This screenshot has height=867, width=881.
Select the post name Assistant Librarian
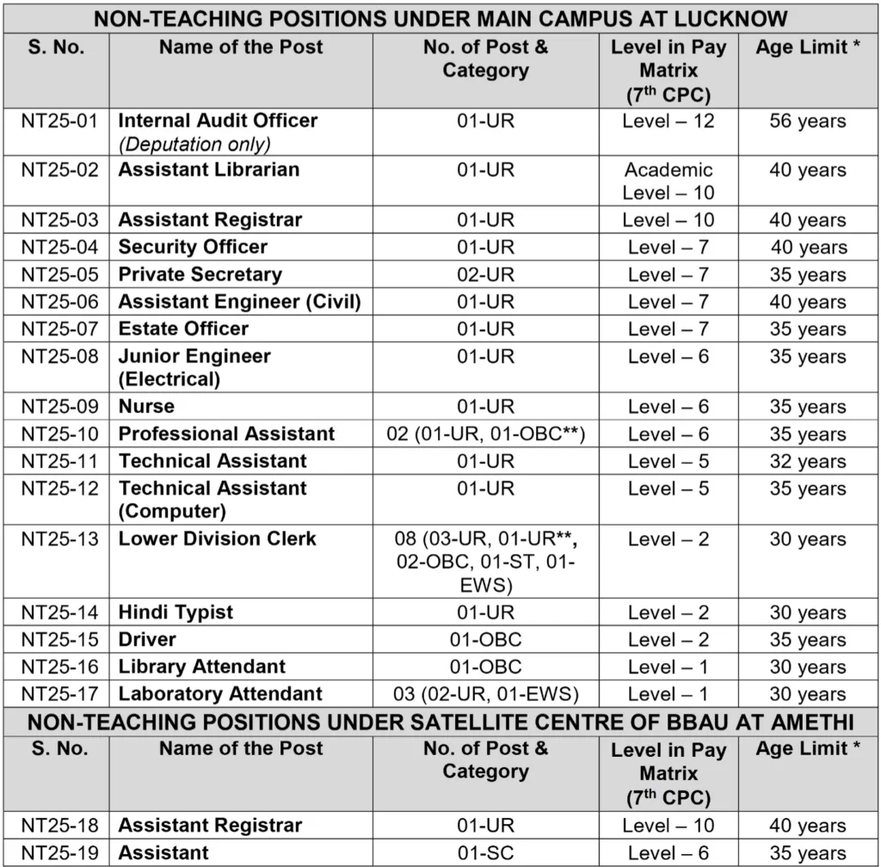(x=209, y=169)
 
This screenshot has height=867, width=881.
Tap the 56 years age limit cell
(x=807, y=121)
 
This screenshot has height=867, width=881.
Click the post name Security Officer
(x=193, y=248)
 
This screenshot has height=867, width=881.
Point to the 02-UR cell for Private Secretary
(x=485, y=275)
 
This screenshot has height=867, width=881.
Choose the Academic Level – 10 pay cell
(x=668, y=181)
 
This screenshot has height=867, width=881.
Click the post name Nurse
(x=146, y=407)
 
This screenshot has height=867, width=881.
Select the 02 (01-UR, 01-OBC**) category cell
(x=485, y=434)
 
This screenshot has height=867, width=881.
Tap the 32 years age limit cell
(x=807, y=462)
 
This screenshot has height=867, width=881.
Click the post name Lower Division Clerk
(x=218, y=539)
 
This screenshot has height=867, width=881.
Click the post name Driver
(x=147, y=640)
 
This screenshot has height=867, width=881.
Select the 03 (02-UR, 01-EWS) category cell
(x=485, y=694)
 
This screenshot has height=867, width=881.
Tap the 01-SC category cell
(x=485, y=853)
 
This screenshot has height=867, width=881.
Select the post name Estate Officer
(x=183, y=329)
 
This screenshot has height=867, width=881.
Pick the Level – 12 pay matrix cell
(x=668, y=121)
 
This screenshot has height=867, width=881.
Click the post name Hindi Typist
(x=176, y=613)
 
